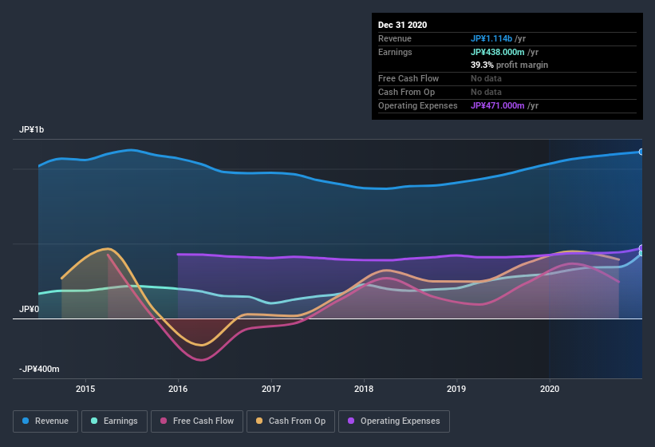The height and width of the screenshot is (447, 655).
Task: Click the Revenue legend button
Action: click(x=45, y=421)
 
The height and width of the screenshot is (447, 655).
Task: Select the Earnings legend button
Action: click(x=114, y=421)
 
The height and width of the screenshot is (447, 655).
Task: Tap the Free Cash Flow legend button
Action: click(x=197, y=421)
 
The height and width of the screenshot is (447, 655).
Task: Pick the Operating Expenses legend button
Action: click(x=394, y=421)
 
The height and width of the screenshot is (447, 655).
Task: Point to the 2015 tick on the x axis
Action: click(x=85, y=389)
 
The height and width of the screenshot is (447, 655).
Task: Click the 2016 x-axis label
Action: click(x=178, y=389)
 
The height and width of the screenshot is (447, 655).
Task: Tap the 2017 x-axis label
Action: click(x=271, y=389)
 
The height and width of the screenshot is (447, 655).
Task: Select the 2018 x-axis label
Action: click(x=364, y=389)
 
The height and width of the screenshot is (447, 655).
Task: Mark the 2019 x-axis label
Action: click(x=456, y=389)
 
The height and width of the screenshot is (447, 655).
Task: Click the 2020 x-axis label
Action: click(x=550, y=389)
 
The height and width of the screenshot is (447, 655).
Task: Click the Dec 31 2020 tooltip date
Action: click(x=402, y=25)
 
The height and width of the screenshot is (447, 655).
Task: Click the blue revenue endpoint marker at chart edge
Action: click(x=641, y=152)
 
